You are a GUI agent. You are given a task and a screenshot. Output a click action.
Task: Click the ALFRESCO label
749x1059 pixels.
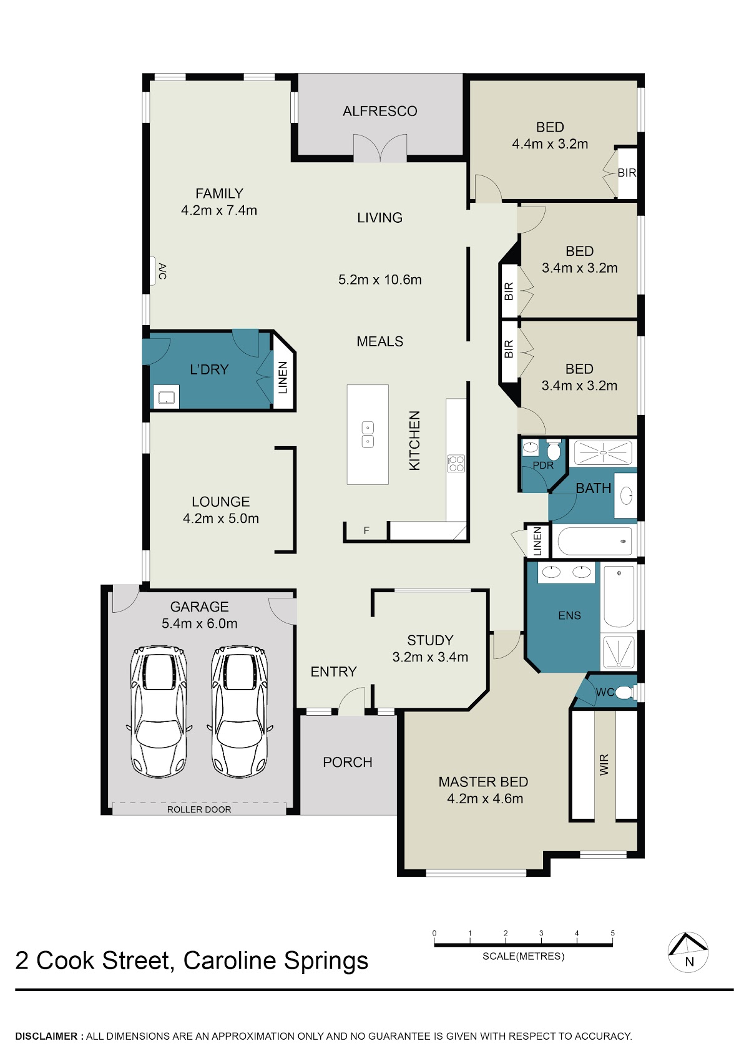(x=379, y=111)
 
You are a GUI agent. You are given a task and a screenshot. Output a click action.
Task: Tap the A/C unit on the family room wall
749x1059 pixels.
(x=153, y=271)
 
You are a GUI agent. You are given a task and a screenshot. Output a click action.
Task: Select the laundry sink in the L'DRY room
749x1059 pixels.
(x=167, y=397)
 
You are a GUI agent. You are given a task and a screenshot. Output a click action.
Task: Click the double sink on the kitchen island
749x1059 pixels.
(x=368, y=434)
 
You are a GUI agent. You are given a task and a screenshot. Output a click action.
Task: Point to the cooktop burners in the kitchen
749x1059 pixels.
(x=456, y=463)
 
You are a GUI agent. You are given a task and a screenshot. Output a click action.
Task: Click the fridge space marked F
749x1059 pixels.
(x=366, y=530)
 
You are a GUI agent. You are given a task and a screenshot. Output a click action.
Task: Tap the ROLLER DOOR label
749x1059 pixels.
(x=199, y=809)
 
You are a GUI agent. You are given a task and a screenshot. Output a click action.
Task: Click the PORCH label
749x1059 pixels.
(x=348, y=762)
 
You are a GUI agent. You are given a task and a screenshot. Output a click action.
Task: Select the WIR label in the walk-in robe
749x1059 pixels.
(x=604, y=764)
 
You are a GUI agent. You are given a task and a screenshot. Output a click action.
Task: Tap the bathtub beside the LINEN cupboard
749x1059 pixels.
(x=594, y=541)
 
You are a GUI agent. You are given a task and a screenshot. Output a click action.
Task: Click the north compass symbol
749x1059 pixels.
(x=688, y=952)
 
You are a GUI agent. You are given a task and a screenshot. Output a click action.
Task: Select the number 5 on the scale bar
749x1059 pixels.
(x=612, y=933)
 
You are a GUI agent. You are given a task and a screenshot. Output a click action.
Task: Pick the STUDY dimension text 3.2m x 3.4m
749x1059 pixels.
(x=430, y=656)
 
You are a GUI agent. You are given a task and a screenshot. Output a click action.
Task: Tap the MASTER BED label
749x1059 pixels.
(x=483, y=782)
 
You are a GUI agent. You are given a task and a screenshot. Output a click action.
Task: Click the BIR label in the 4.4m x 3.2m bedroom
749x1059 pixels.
(x=627, y=173)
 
